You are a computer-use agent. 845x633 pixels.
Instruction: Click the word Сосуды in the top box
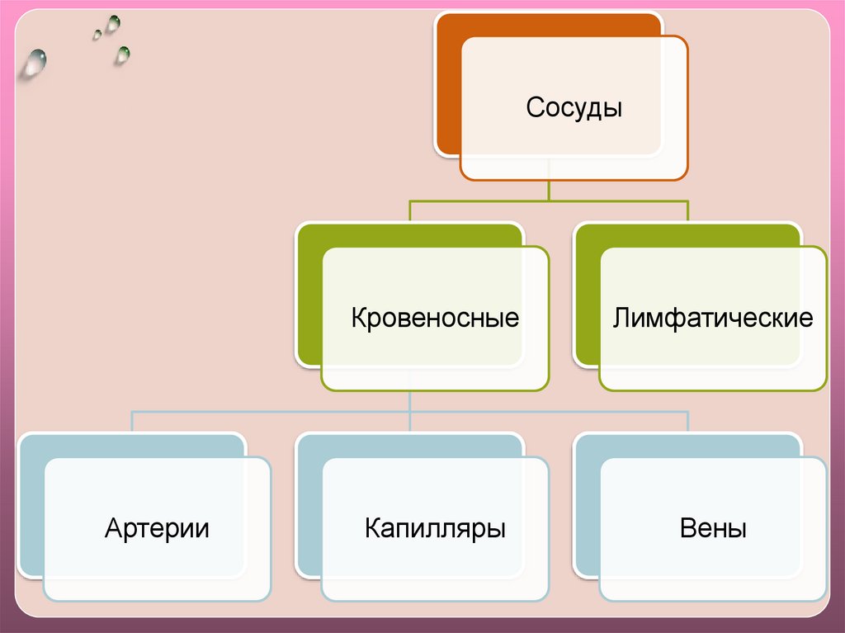point(574,107)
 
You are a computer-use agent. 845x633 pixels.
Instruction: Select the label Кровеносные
point(435,318)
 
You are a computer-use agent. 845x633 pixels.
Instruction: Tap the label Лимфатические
point(713,318)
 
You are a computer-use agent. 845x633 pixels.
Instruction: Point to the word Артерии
point(157,527)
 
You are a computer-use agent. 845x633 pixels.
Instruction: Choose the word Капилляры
point(435,527)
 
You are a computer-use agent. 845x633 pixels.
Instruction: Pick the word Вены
point(713,527)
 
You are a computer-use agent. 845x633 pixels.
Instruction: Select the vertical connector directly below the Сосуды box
point(549,190)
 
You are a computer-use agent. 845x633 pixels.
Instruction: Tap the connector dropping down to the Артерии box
point(133,421)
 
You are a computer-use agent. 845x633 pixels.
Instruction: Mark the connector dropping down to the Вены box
point(688,421)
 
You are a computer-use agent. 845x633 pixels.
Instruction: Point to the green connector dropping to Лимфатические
point(688,211)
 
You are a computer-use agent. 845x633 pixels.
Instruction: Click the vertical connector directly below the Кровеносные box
point(410,400)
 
